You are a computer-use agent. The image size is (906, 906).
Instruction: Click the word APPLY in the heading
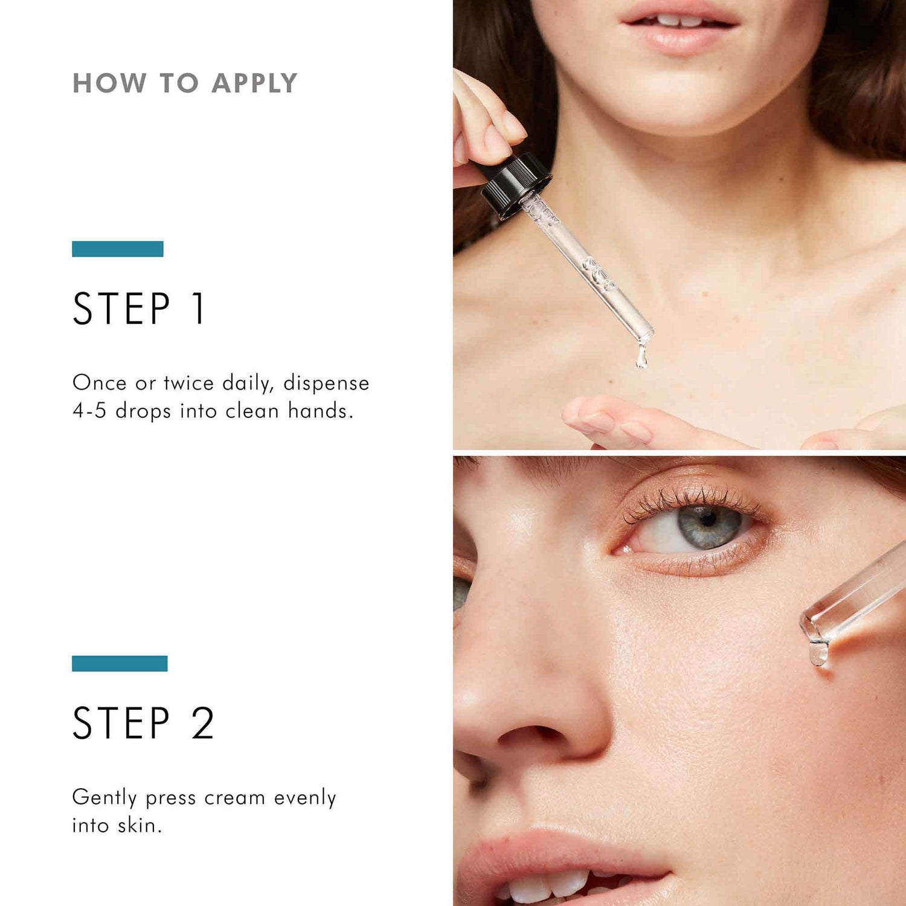(254, 83)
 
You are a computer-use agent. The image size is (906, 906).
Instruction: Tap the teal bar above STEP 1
(118, 249)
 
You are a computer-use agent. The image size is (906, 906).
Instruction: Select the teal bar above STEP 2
(120, 663)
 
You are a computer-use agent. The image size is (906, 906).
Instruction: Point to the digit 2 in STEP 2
(203, 723)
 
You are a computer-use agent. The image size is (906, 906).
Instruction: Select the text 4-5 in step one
(89, 411)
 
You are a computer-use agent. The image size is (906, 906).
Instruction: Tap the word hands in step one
(318, 411)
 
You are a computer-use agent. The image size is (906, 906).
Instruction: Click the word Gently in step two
(104, 798)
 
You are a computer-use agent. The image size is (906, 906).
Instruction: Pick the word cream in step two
(234, 798)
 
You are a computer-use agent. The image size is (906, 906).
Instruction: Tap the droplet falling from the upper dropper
(641, 357)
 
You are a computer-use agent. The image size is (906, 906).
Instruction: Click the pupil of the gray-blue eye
(708, 519)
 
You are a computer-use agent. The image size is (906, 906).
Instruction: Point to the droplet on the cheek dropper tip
(818, 654)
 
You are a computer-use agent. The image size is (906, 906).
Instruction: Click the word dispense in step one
(326, 383)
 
